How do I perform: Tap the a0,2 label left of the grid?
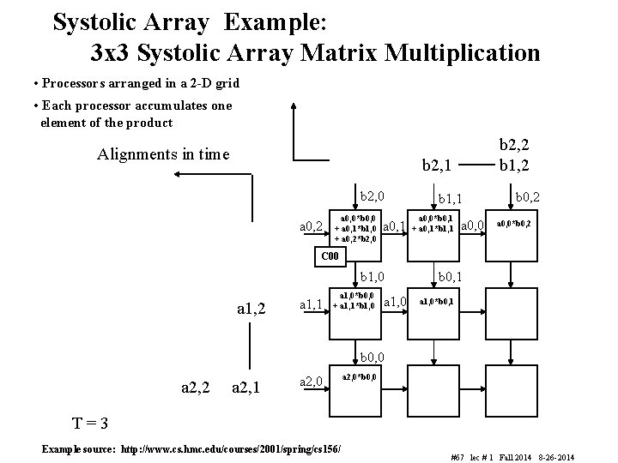click(311, 226)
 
